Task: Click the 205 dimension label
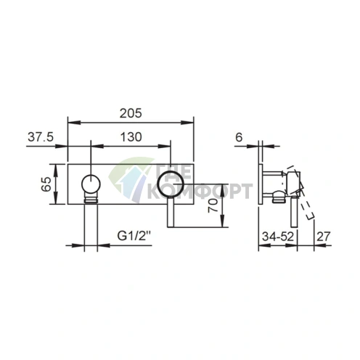click(x=131, y=113)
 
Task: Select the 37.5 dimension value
click(x=41, y=137)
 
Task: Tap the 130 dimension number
click(x=131, y=137)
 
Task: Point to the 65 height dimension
click(x=46, y=184)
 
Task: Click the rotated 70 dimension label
click(x=213, y=205)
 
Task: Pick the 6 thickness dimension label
click(x=239, y=137)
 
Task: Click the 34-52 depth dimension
click(x=278, y=237)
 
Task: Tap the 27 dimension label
click(x=323, y=237)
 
